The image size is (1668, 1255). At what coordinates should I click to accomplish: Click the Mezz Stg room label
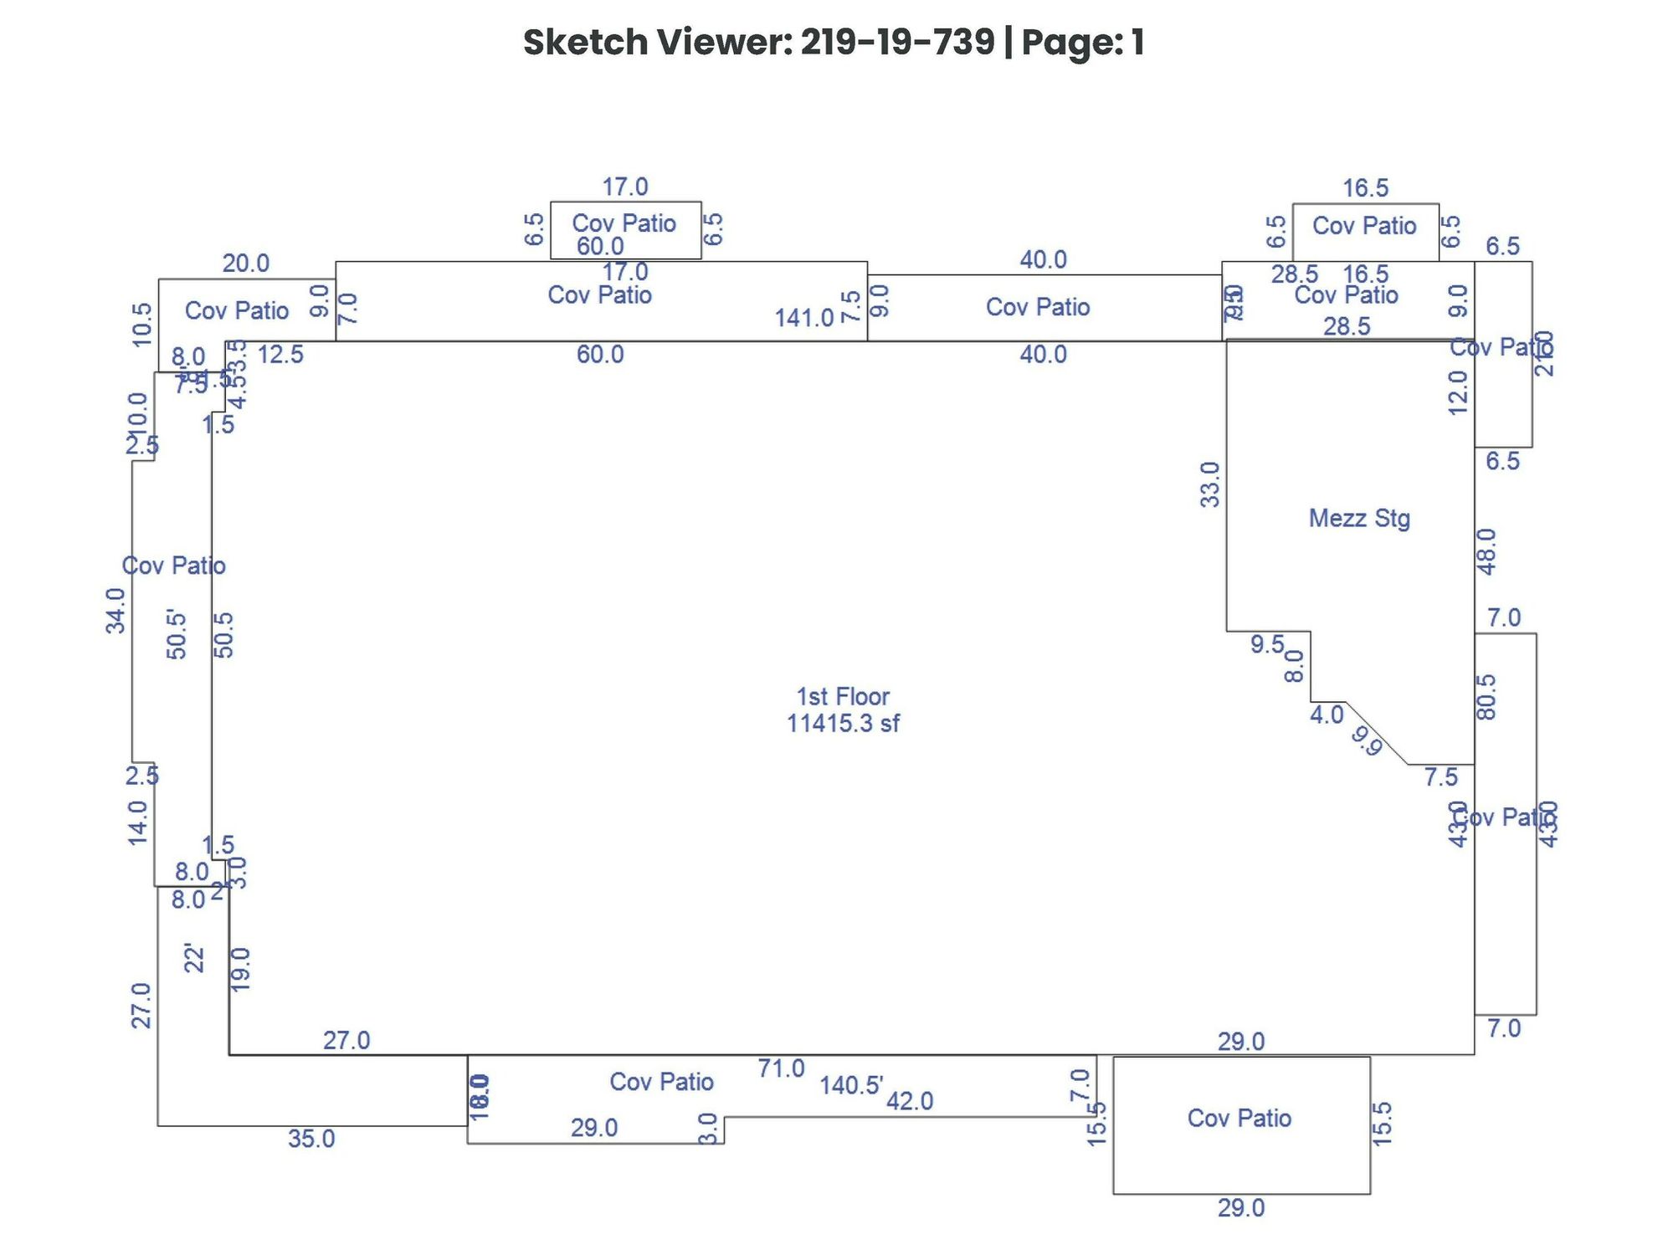(x=1358, y=519)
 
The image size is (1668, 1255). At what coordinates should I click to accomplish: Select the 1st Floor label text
(x=842, y=696)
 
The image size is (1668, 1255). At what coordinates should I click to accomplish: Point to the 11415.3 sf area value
(x=842, y=723)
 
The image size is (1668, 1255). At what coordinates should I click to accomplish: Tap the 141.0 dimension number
(x=803, y=318)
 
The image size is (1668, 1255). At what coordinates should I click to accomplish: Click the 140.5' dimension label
(x=851, y=1085)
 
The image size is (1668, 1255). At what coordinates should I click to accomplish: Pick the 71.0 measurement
(x=781, y=1068)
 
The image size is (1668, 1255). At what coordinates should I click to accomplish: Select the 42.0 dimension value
(x=909, y=1101)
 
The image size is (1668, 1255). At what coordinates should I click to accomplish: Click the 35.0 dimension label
(x=311, y=1139)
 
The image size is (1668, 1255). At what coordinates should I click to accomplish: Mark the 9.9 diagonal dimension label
(x=1367, y=741)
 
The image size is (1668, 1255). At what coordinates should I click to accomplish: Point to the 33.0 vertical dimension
(x=1210, y=484)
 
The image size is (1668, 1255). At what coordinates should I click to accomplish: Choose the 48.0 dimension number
(x=1486, y=551)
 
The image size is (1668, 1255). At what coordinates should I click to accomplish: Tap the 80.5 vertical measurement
(x=1486, y=697)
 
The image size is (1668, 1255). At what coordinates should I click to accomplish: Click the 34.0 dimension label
(x=115, y=611)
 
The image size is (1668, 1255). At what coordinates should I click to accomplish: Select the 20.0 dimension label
(x=245, y=264)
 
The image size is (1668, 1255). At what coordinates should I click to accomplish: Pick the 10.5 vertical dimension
(x=142, y=325)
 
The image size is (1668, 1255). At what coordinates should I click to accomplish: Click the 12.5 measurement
(x=280, y=355)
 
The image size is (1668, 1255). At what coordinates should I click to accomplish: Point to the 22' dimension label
(x=193, y=958)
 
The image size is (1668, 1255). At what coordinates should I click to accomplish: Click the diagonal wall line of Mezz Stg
(x=1377, y=733)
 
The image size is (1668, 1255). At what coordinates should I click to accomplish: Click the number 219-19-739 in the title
(x=897, y=42)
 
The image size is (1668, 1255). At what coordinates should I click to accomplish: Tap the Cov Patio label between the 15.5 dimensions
(x=1239, y=1118)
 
